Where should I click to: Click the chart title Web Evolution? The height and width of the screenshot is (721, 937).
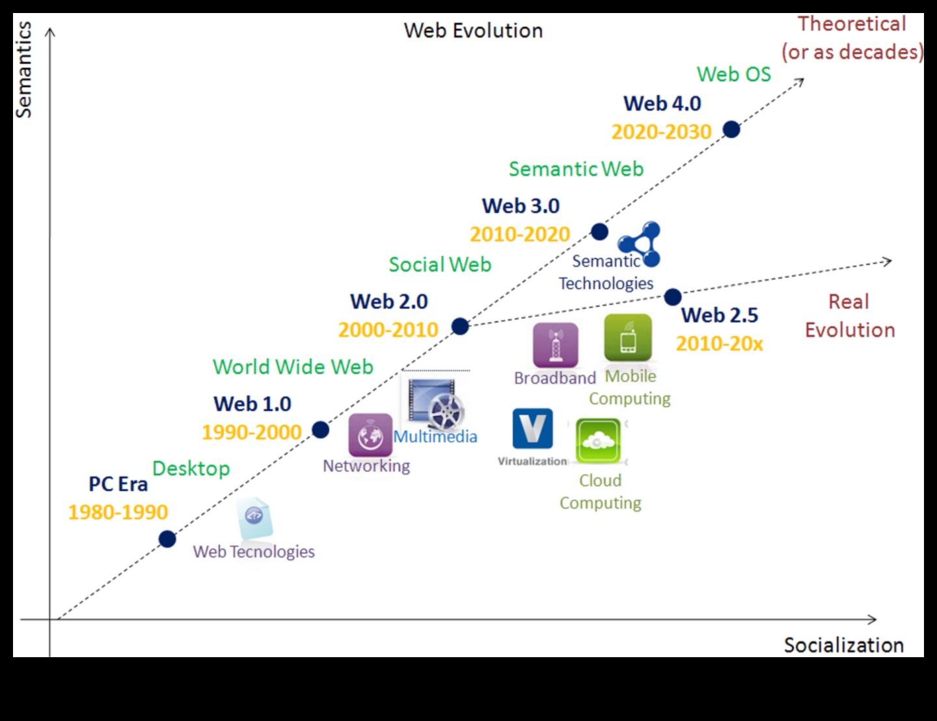point(473,31)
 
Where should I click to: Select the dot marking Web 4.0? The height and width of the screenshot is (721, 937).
point(731,130)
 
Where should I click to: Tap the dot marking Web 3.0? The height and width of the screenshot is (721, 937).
point(599,232)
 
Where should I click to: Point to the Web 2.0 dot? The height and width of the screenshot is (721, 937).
point(460,326)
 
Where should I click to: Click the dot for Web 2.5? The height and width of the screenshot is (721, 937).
point(673,298)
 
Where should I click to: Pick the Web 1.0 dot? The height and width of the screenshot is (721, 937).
point(320,430)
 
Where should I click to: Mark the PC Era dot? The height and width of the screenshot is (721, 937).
point(167,539)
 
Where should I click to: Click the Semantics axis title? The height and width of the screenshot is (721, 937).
point(24,70)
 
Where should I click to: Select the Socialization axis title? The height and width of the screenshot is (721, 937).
point(843,645)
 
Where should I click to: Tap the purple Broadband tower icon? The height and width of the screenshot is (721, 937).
point(555,345)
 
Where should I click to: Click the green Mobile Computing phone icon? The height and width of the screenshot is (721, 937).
point(628,338)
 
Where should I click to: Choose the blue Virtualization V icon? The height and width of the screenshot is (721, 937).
point(533,429)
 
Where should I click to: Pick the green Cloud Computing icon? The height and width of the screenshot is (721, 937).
point(599,441)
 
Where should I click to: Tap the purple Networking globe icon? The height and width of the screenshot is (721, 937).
point(370,434)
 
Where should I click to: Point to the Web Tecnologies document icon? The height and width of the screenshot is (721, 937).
point(254,518)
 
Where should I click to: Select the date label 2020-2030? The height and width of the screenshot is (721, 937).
point(661,132)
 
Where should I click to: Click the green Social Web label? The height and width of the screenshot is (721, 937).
point(440,264)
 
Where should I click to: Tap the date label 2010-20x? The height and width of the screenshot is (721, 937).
point(719,343)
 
